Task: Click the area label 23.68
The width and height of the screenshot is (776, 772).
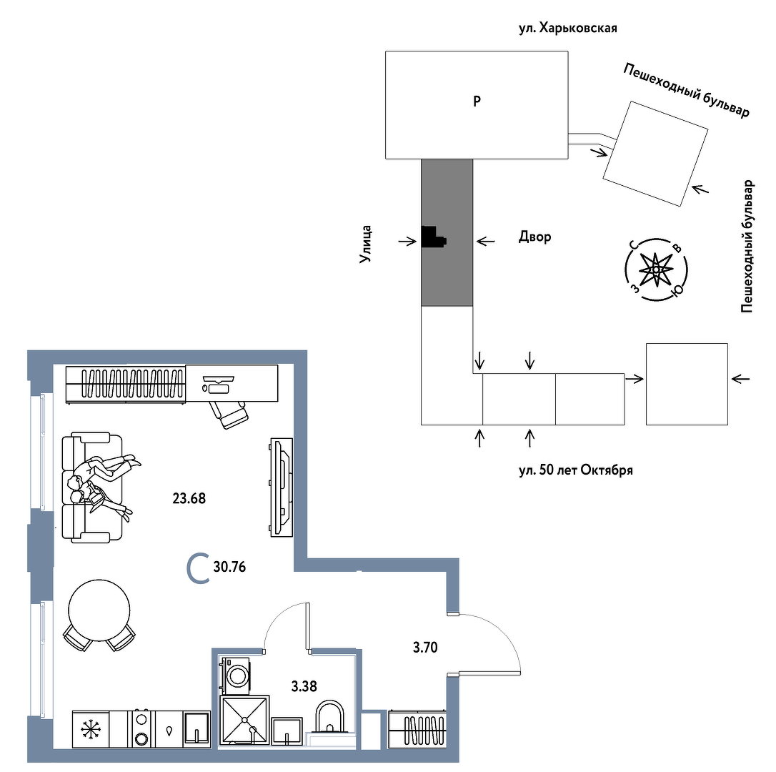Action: click(x=189, y=498)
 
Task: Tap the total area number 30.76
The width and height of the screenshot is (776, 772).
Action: click(x=229, y=567)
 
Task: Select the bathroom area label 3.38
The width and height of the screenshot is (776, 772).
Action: click(x=304, y=686)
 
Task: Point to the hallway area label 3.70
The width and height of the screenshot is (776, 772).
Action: click(x=425, y=647)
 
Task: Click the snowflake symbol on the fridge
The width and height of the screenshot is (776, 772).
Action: click(x=91, y=729)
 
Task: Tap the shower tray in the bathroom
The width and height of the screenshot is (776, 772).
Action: click(x=245, y=720)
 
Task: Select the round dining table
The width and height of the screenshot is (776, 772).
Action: click(x=99, y=610)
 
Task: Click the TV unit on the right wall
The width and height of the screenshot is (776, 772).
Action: click(x=281, y=487)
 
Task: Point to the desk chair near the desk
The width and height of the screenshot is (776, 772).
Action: click(x=228, y=414)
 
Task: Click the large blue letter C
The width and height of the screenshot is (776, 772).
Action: click(x=198, y=569)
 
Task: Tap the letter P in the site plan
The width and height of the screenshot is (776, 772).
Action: click(x=477, y=102)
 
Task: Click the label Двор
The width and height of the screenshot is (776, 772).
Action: click(x=534, y=237)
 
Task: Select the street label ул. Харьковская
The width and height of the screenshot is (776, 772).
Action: click(x=567, y=28)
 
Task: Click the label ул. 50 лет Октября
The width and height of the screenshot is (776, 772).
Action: click(x=575, y=470)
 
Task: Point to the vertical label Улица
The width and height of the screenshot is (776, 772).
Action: click(x=366, y=244)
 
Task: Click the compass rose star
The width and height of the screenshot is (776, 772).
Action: click(x=656, y=269)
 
